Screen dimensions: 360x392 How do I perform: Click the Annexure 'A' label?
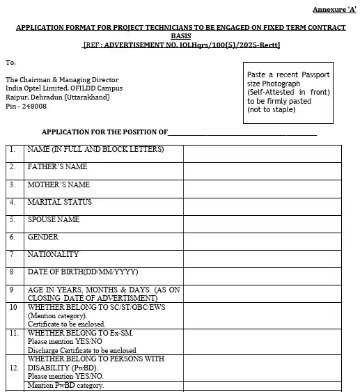[332, 9]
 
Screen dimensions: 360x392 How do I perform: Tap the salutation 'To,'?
[10, 62]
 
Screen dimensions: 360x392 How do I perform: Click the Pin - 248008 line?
[26, 106]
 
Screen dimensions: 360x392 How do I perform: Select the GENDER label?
[42, 237]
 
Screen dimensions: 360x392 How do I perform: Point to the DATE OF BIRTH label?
[82, 272]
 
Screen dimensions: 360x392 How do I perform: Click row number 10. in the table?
[13, 307]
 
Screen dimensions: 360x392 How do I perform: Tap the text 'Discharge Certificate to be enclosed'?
[81, 350]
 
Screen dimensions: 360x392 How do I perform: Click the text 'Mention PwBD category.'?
[65, 385]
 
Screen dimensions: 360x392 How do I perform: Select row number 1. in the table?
[12, 149]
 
